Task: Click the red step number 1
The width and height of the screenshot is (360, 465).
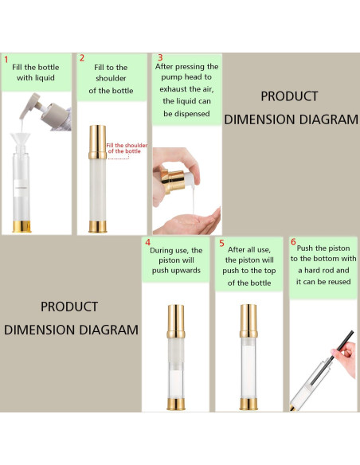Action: click(6, 60)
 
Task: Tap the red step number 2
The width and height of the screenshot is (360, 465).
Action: click(82, 58)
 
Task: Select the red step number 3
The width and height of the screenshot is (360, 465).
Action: click(160, 57)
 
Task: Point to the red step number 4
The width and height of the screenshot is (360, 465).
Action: click(147, 242)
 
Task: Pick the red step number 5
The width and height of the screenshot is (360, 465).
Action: click(221, 243)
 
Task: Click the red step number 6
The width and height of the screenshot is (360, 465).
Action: click(293, 242)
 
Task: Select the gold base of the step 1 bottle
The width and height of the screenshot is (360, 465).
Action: click(22, 226)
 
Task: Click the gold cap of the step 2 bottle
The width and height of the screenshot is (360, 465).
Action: click(97, 142)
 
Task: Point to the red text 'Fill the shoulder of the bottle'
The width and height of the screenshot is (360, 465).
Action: click(127, 148)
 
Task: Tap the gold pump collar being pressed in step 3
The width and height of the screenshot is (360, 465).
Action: click(170, 180)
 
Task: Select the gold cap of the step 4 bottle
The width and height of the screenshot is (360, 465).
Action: click(176, 322)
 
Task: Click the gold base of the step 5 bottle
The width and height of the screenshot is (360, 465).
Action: click(248, 404)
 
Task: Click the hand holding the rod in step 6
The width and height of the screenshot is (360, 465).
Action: click(346, 358)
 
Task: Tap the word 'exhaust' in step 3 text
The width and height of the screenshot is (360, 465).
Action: click(173, 89)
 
